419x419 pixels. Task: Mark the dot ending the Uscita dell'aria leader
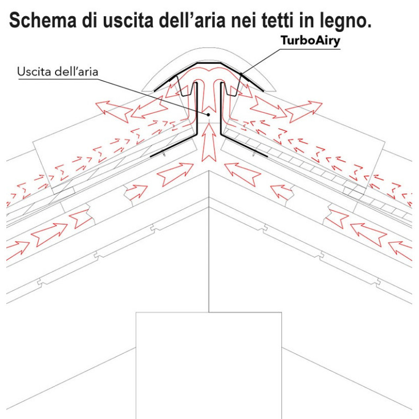pos(208,114)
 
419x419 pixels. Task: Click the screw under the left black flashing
pos(164,156)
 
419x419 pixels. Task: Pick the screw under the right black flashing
pos(254,156)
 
